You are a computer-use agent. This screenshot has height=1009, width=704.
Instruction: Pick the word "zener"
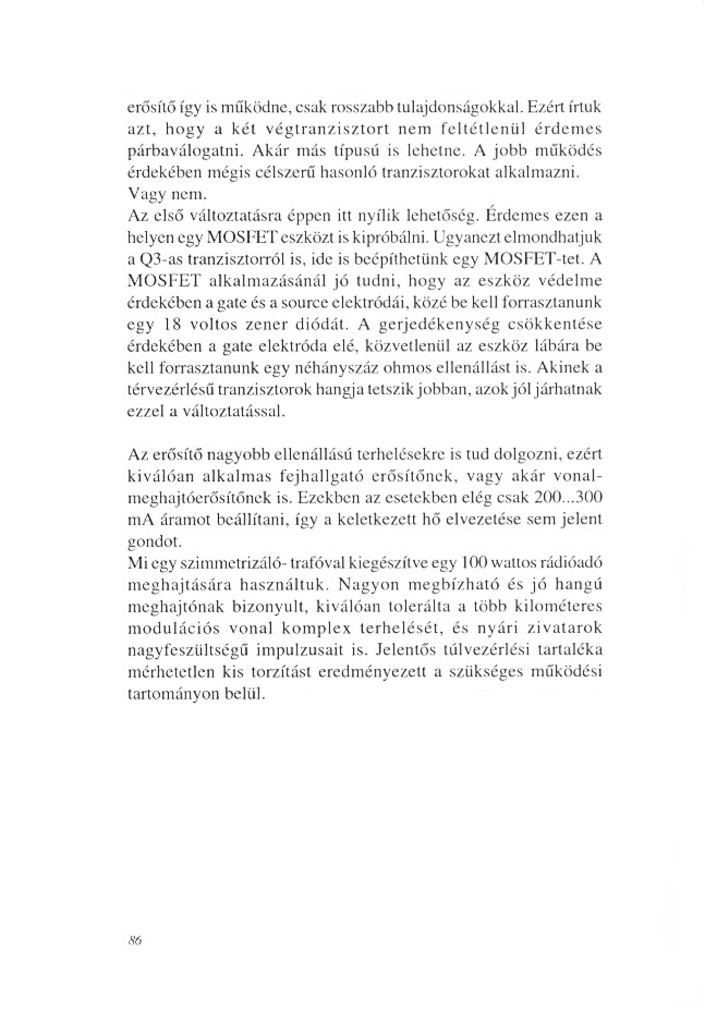(266, 325)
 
